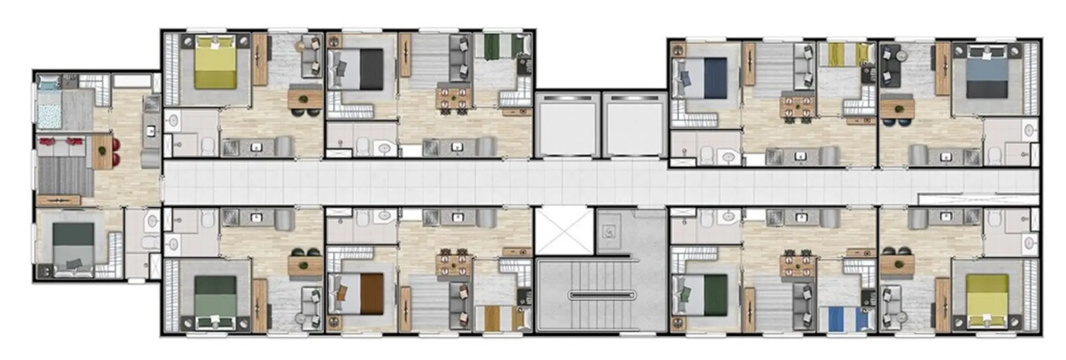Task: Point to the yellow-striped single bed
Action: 843,53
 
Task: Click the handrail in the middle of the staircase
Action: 601,295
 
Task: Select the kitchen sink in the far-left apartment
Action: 151,131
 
